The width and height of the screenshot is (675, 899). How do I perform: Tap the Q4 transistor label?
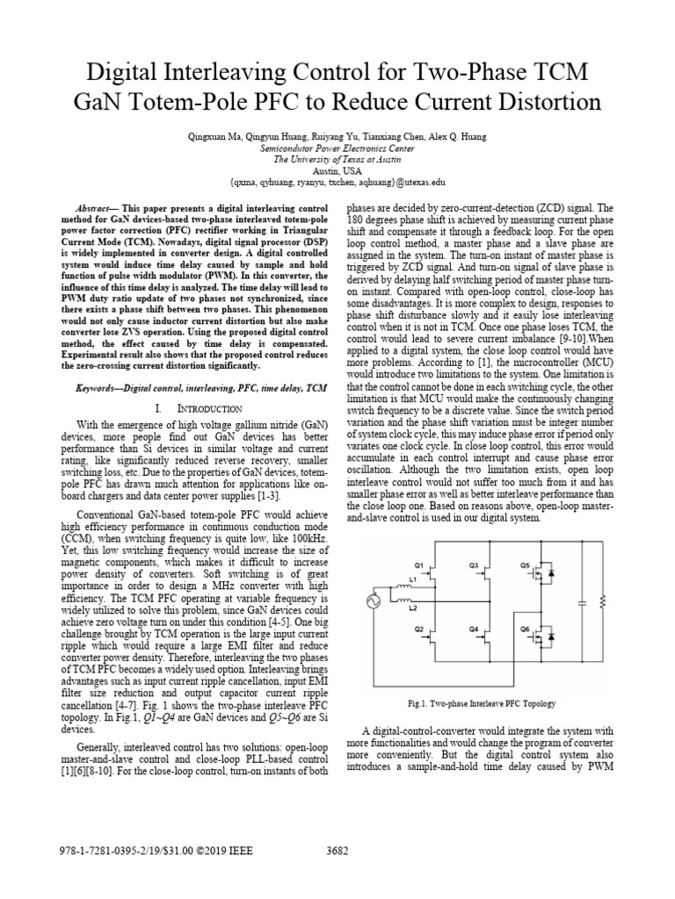[474, 629]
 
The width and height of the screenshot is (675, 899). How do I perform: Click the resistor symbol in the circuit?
[602, 601]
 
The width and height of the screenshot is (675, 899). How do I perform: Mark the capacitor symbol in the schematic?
[581, 601]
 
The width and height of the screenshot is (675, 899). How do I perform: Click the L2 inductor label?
[412, 608]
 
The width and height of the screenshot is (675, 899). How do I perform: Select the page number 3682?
[338, 850]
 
